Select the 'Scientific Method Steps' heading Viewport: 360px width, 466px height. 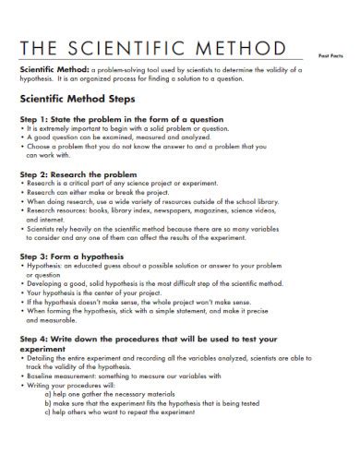(x=78, y=97)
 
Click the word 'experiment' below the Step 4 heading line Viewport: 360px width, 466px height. (x=44, y=352)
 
